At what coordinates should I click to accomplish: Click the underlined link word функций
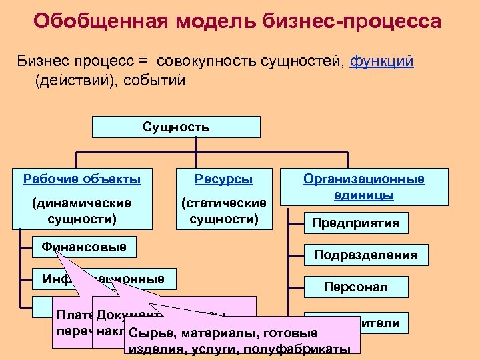tap(381, 61)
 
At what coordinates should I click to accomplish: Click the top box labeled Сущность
tap(176, 127)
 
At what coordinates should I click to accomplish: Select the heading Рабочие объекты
tap(82, 179)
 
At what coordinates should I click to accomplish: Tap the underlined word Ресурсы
tap(223, 179)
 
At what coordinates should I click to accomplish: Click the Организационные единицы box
tap(364, 187)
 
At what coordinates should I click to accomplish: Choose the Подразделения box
tap(365, 255)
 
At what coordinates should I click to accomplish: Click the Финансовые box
tap(84, 247)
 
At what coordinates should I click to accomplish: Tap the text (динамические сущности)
tap(82, 209)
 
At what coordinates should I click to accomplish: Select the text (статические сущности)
tap(223, 210)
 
